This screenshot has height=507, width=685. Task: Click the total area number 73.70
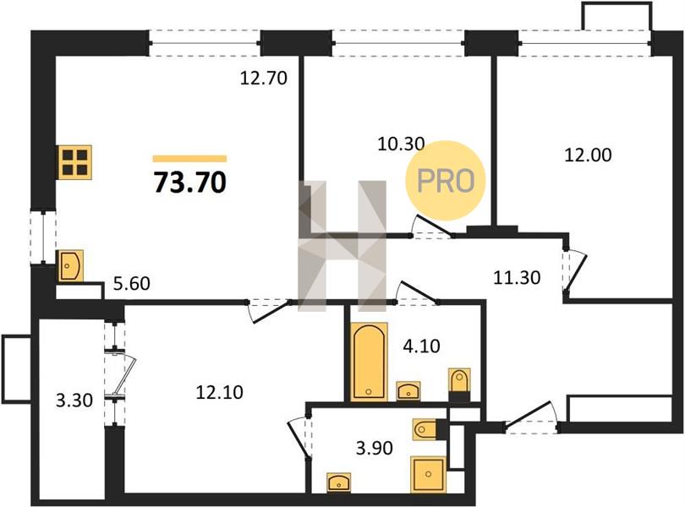coord(190,183)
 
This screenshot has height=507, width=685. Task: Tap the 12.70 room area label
coord(264,79)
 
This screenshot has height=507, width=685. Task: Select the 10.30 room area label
coord(401,144)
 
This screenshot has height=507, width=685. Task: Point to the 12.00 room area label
coord(588,155)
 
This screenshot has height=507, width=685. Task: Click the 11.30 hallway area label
coord(517,277)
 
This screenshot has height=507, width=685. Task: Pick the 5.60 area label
coord(131,284)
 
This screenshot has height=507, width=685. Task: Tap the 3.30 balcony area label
coord(74,400)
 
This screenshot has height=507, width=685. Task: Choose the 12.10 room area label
coord(219,393)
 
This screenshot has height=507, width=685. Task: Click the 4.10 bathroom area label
coord(422,346)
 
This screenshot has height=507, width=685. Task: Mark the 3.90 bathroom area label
coord(375,448)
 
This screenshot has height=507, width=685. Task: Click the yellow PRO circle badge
coord(446,180)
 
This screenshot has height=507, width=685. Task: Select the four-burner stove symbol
coord(75,162)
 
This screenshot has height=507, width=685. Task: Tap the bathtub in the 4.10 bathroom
coord(370,362)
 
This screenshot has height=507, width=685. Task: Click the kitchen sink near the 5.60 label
coord(70,265)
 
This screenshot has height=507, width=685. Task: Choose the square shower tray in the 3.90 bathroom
coord(428,474)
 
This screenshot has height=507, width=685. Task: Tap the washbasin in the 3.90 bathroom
coord(338,482)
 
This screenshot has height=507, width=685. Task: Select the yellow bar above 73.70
coord(190,159)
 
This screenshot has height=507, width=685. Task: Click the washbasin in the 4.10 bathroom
coord(408,391)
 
